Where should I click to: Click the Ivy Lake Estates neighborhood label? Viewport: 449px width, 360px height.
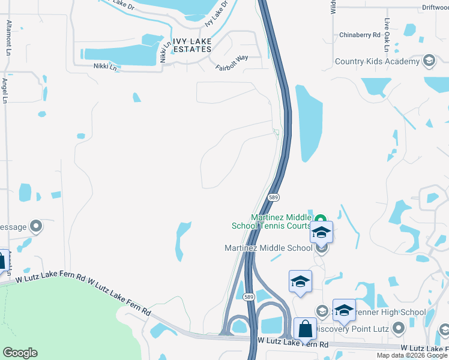192,44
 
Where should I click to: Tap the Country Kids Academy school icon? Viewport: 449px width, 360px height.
429,61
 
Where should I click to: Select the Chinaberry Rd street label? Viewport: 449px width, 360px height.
360,35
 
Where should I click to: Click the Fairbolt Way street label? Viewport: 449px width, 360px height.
232,62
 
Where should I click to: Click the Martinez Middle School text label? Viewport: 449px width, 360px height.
268,247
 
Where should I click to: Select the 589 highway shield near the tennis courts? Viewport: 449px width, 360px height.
274,197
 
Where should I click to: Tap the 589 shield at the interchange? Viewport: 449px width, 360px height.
248,296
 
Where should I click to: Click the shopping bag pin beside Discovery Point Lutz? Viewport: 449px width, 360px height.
306,329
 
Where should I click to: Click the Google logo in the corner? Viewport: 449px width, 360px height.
20,352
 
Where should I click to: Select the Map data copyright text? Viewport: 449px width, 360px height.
412,355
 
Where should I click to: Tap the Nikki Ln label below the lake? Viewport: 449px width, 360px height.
105,67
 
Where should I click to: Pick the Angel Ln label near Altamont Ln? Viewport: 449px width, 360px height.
5,90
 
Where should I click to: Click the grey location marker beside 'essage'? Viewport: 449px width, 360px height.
36,226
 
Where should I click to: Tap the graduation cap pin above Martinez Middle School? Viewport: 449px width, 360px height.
321,232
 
